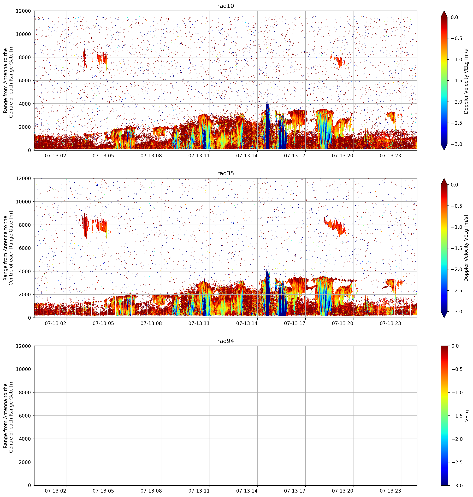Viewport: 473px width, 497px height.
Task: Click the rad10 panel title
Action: pos(225,6)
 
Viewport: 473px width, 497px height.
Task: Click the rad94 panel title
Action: pos(225,341)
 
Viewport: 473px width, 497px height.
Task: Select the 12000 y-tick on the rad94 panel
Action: pos(24,346)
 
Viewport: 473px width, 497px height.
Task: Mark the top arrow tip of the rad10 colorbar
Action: pos(444,11)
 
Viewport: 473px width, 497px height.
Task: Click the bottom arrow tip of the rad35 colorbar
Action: pos(444,318)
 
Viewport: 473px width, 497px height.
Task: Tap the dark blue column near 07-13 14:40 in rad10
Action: pos(267,126)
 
